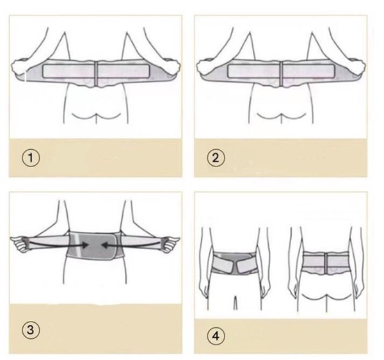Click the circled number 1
pyautogui.click(x=31, y=158)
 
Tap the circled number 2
pyautogui.click(x=216, y=158)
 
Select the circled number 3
pyautogui.click(x=30, y=330)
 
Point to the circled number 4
pyautogui.click(x=216, y=336)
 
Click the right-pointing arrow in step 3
pyautogui.click(x=58, y=243)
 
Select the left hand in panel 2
pyautogui.click(x=205, y=67)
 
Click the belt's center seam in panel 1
pyautogui.click(x=96, y=74)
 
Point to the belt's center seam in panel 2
pyautogui.click(x=281, y=74)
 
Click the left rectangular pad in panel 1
pyautogui.click(x=68, y=71)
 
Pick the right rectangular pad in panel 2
pyautogui.click(x=308, y=71)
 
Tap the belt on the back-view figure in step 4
pyautogui.click(x=326, y=263)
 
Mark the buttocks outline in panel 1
pyautogui.click(x=96, y=117)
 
